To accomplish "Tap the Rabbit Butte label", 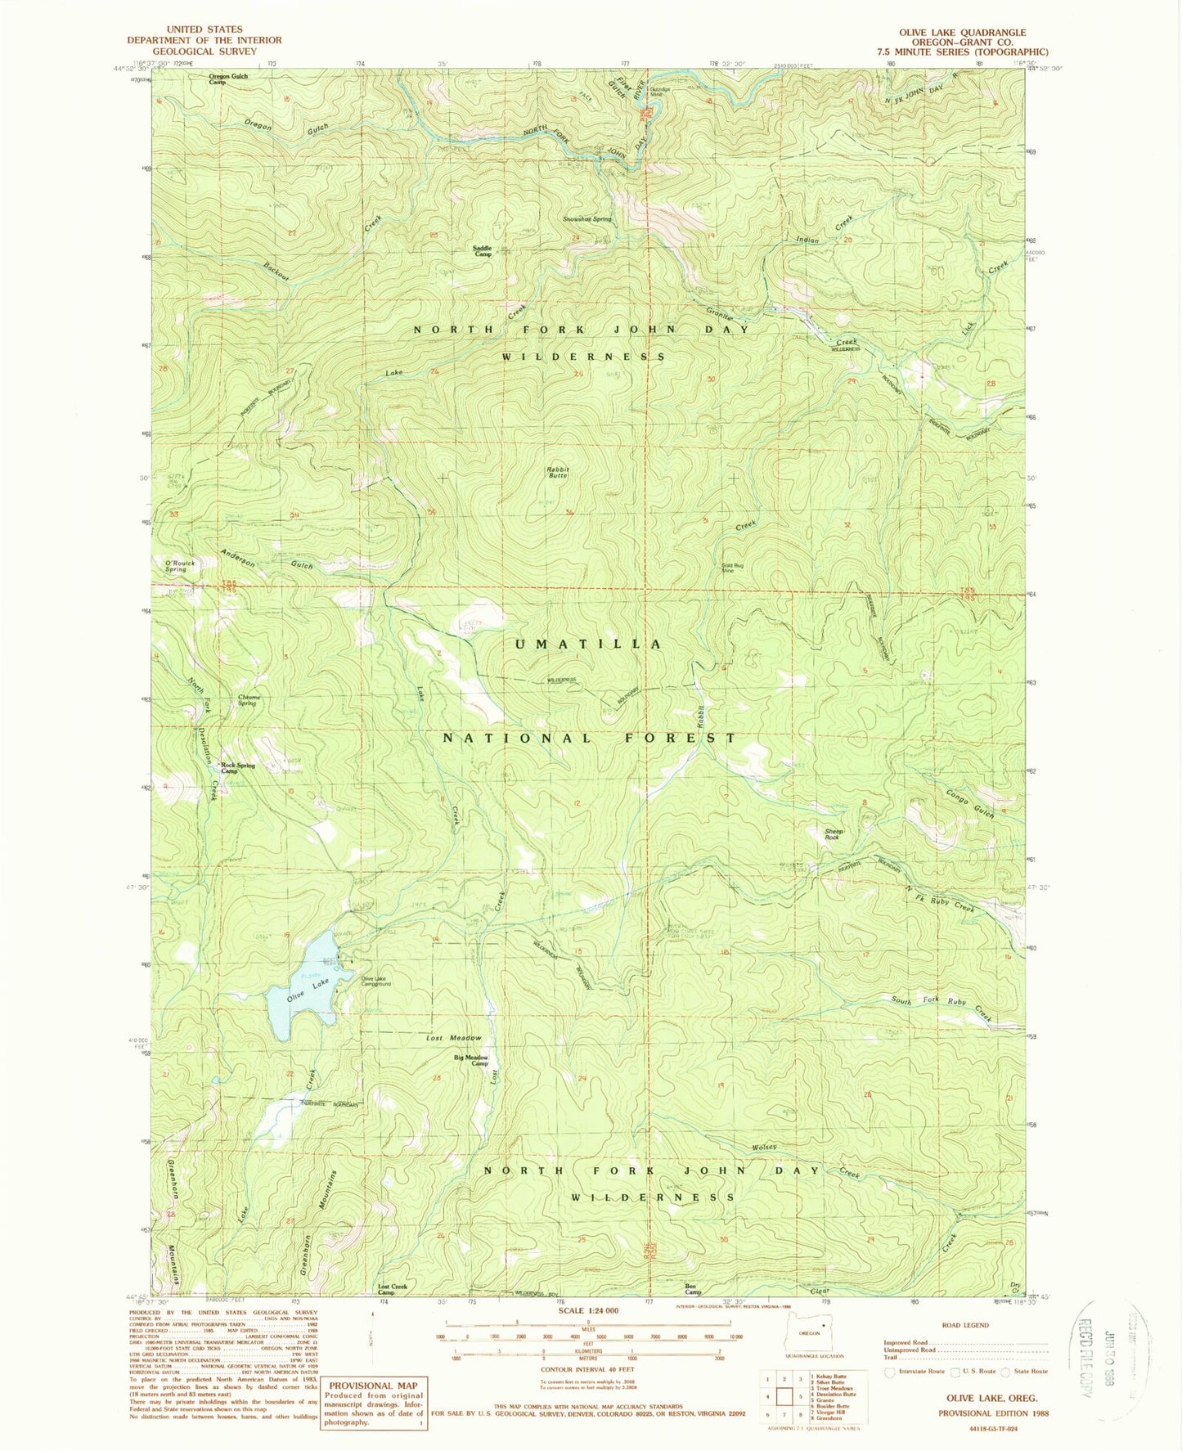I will pyautogui.click(x=557, y=472).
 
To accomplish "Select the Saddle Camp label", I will pyautogui.click(x=483, y=251).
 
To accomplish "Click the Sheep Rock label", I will pyautogui.click(x=833, y=834).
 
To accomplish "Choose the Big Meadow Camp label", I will pyautogui.click(x=471, y=1060).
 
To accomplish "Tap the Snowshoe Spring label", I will pyautogui.click(x=587, y=219).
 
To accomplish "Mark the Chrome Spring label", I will pyautogui.click(x=249, y=700).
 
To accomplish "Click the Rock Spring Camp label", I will pyautogui.click(x=237, y=768).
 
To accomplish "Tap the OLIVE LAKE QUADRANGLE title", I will pyautogui.click(x=962, y=33).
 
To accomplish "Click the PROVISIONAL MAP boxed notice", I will pyautogui.click(x=373, y=1402).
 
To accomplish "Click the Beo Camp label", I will pyautogui.click(x=693, y=1289).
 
